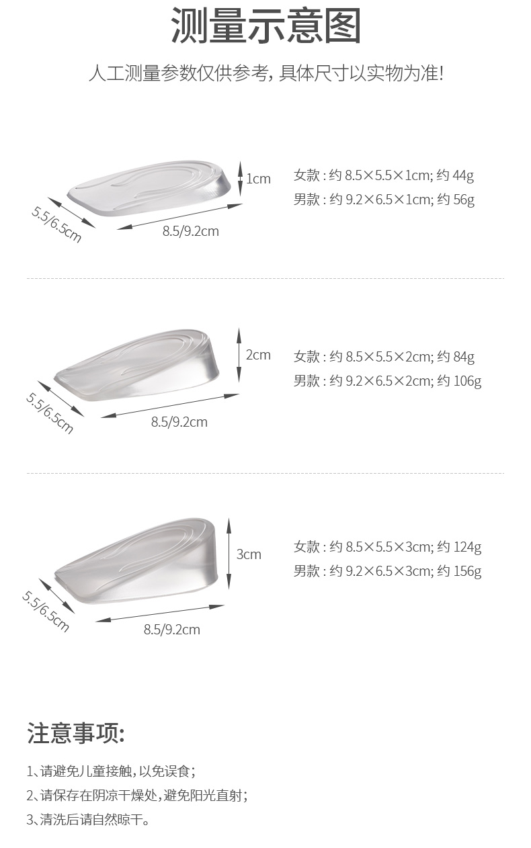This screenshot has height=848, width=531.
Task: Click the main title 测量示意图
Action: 265,26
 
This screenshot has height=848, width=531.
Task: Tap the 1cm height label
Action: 258,179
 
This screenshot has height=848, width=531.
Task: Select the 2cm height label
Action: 258,355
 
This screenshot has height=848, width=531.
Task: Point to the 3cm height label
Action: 249,554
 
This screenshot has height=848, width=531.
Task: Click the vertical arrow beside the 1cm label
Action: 240,179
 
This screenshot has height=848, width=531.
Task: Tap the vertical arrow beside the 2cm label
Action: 239,355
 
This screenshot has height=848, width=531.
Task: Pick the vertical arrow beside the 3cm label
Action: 229,554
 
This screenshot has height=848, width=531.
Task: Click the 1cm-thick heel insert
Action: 149,187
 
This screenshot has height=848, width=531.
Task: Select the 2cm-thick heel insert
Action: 137,365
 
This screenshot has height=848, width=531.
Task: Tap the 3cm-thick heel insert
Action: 137,560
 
